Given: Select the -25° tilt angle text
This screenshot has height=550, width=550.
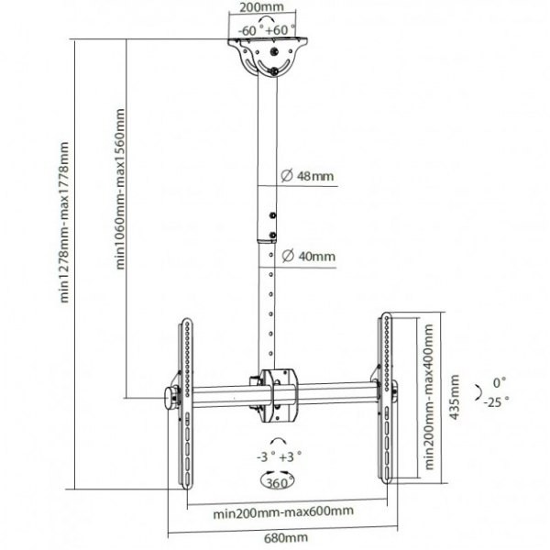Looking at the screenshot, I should click(x=496, y=401).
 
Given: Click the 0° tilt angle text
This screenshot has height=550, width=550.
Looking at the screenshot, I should click(x=500, y=380).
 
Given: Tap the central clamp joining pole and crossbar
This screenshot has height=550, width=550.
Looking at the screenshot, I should click(x=275, y=392).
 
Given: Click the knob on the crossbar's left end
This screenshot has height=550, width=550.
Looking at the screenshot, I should click(x=170, y=397).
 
